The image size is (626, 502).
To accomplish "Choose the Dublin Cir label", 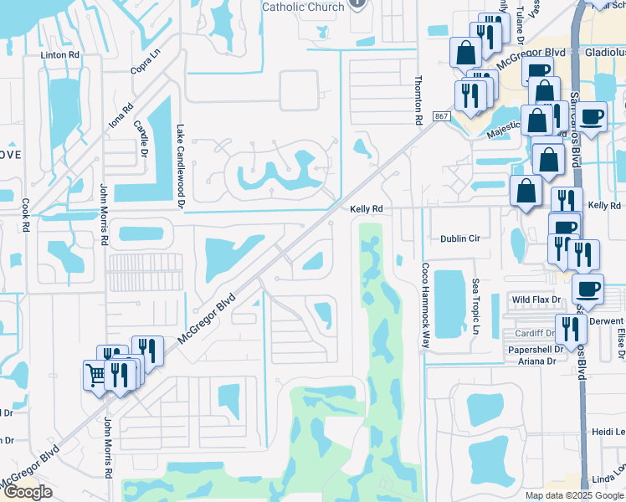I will [x=460, y=238].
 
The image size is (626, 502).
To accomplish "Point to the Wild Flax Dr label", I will [x=533, y=299].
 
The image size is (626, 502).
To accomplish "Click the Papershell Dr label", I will [x=531, y=350].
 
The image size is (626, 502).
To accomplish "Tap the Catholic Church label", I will [x=303, y=7].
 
